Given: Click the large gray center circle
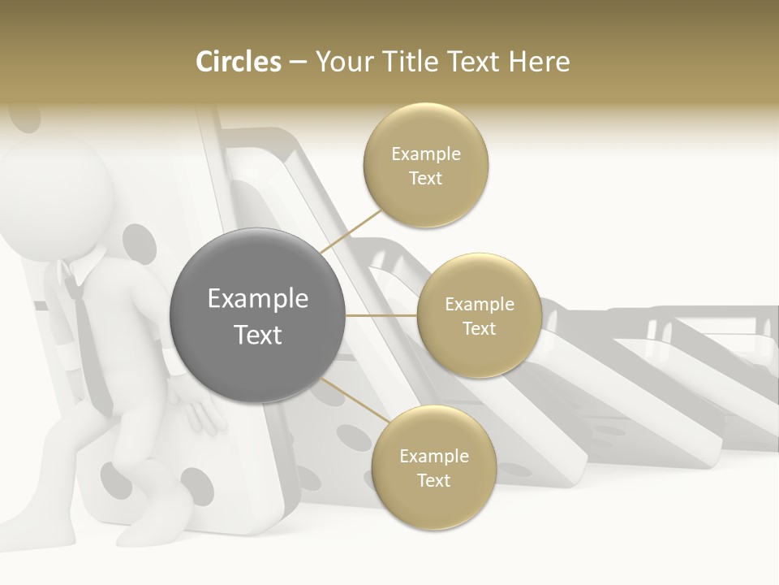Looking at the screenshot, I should (257, 315).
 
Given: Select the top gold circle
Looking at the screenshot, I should (425, 166).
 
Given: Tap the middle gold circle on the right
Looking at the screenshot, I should (479, 315).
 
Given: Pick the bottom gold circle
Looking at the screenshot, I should (433, 467).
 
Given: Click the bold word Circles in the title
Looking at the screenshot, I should (239, 62).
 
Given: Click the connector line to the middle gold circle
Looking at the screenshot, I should (381, 314).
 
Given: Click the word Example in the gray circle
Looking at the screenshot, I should (258, 299).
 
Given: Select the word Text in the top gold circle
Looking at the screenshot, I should (425, 179).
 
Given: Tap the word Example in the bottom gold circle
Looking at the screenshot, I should (434, 456).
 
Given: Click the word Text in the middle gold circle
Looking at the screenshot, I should (479, 328).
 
